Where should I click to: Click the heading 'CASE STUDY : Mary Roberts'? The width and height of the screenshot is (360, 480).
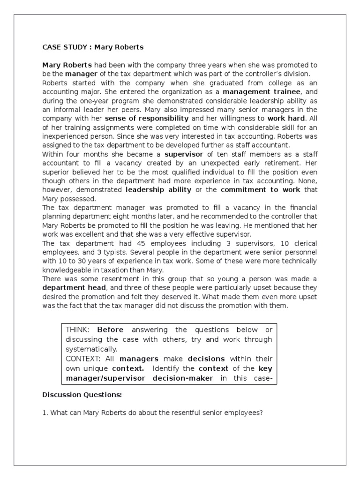[x=93, y=47]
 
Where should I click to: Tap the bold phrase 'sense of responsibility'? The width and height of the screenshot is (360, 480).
[x=147, y=119]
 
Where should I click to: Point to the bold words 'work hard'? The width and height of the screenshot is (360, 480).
[x=286, y=119]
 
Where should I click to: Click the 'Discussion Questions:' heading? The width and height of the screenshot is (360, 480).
[x=82, y=395]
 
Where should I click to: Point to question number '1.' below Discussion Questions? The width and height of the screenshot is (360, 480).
[x=45, y=412]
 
